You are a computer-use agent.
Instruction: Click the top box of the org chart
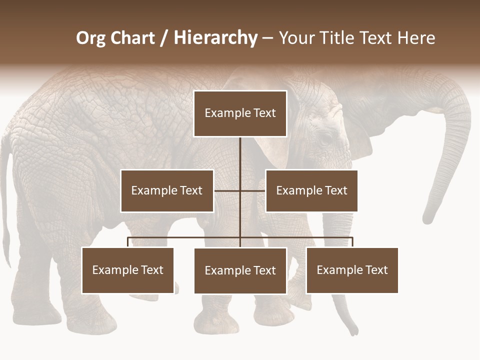[240, 113]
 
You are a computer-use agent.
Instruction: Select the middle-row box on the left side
[167, 190]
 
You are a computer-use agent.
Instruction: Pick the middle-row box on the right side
[311, 190]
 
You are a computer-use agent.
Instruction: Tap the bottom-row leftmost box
[128, 270]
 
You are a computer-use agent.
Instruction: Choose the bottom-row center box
[240, 270]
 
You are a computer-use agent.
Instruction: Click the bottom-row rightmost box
[352, 270]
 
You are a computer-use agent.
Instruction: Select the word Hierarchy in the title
[215, 38]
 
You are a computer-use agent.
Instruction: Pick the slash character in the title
[164, 38]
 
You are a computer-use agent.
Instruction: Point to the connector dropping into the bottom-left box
[128, 242]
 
